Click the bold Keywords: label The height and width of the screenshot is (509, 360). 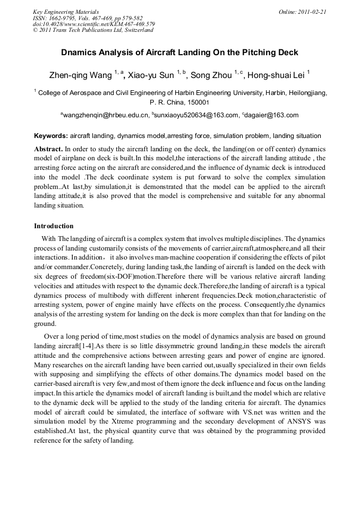point(51,136)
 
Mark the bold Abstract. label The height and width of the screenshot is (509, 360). point(48,149)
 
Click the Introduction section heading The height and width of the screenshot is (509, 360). point(55,226)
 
